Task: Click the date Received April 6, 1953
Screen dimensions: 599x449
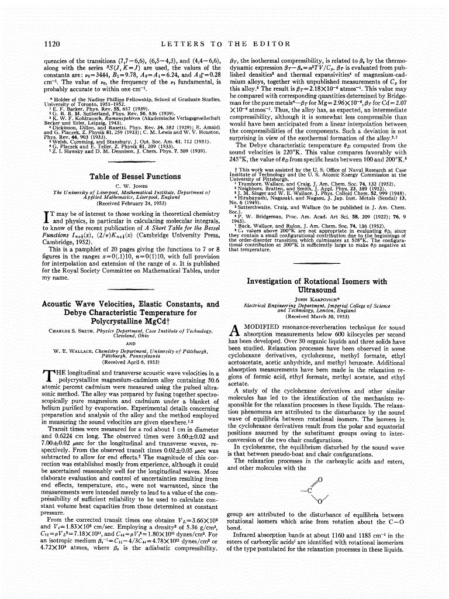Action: [x=132, y=362]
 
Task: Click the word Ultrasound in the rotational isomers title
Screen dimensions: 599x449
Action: [x=317, y=290]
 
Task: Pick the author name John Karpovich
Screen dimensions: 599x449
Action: [x=316, y=299]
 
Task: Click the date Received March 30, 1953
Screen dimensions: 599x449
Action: [x=317, y=316]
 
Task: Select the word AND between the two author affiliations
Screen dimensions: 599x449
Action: [x=132, y=343]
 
